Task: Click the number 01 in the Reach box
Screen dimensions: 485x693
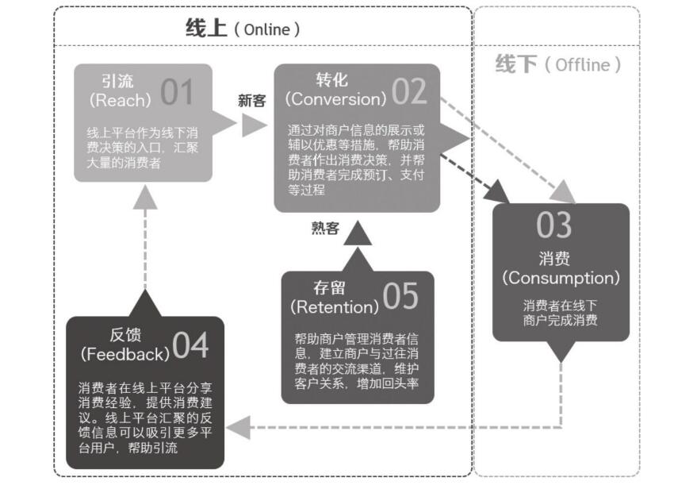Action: [177, 92]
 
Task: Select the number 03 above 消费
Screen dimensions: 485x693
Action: [553, 225]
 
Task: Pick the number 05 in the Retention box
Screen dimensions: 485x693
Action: [400, 296]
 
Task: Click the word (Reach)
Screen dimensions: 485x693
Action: [120, 101]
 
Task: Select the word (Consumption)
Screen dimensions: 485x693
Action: [560, 279]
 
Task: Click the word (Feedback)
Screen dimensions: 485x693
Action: [125, 353]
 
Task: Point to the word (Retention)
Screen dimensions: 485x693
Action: [334, 306]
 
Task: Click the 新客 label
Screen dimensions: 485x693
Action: [251, 101]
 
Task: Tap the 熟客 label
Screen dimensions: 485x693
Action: [325, 229]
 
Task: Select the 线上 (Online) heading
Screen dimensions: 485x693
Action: [243, 29]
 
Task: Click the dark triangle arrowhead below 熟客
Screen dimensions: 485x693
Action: [357, 233]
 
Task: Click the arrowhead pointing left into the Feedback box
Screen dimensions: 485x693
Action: [237, 429]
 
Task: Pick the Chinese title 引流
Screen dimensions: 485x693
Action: [119, 82]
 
